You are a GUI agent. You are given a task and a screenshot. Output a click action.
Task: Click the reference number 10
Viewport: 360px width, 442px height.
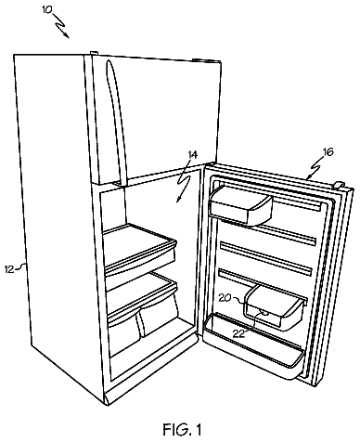(47, 10)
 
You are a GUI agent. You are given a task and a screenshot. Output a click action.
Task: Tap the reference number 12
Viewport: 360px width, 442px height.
(9, 269)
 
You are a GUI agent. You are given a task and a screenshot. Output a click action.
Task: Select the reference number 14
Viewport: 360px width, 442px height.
(192, 155)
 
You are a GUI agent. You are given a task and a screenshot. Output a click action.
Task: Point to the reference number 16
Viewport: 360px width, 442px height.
(328, 152)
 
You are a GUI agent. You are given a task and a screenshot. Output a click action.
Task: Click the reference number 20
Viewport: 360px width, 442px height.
(225, 298)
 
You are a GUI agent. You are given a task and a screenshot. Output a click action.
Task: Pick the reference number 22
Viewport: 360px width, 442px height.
(238, 333)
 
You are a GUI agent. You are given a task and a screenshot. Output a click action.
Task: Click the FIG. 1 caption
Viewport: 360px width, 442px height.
(183, 429)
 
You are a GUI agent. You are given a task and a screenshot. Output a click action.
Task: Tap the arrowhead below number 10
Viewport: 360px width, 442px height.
(66, 35)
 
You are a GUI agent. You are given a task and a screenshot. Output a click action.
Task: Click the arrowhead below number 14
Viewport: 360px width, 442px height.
(179, 200)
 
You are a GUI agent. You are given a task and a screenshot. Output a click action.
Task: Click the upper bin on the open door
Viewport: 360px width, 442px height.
(240, 206)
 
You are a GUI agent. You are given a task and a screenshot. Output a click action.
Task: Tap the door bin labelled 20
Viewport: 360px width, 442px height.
(274, 306)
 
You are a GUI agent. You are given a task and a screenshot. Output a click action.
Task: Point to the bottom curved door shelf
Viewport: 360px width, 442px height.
(253, 348)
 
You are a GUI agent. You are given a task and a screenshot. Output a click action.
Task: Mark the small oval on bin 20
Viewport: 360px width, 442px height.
(265, 313)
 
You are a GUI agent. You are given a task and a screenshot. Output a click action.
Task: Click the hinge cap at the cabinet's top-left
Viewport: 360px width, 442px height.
(95, 53)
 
